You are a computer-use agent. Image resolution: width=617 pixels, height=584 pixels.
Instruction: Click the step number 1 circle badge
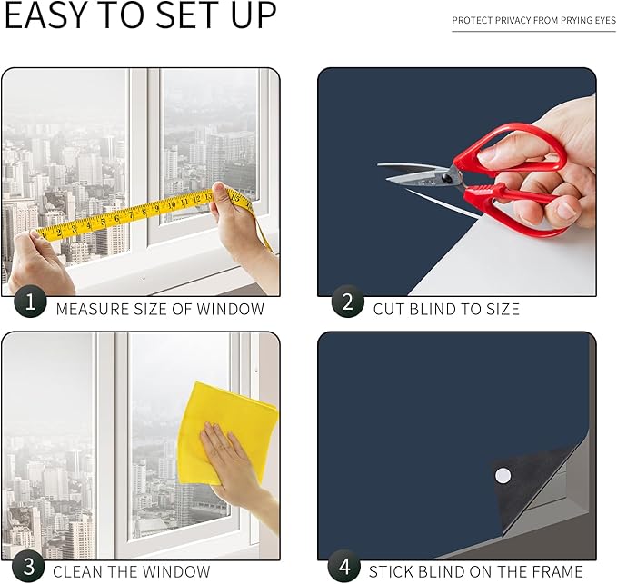[30, 302]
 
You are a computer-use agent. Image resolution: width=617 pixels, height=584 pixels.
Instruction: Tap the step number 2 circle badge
[347, 302]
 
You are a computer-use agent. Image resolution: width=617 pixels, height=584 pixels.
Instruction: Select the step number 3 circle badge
[29, 567]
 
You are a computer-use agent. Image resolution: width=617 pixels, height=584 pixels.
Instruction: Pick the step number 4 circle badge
[344, 567]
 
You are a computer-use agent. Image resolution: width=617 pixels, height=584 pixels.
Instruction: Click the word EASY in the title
[45, 15]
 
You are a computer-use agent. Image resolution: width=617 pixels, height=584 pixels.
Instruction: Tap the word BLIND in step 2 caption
[433, 309]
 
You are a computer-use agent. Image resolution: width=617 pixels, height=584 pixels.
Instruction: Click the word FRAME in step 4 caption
[557, 572]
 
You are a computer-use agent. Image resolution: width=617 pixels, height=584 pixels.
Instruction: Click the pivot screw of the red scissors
[447, 179]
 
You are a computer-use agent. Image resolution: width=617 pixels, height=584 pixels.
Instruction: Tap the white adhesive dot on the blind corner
[503, 475]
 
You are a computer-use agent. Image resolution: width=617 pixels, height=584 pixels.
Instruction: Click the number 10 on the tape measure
[172, 205]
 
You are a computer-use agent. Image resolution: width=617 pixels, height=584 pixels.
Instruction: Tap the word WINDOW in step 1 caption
[230, 309]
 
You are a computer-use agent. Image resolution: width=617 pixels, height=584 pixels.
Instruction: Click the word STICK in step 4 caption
[390, 572]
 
